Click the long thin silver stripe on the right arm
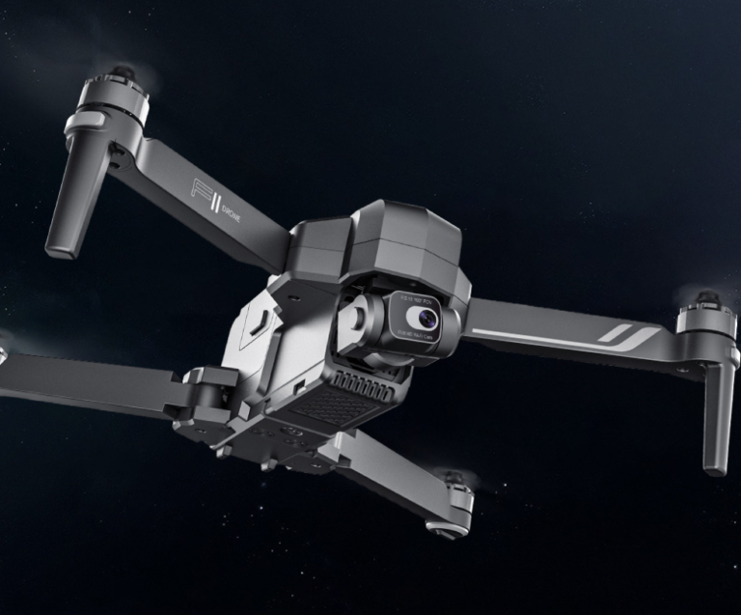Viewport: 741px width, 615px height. click(x=540, y=337)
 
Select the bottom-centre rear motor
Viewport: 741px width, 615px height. click(x=453, y=502)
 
